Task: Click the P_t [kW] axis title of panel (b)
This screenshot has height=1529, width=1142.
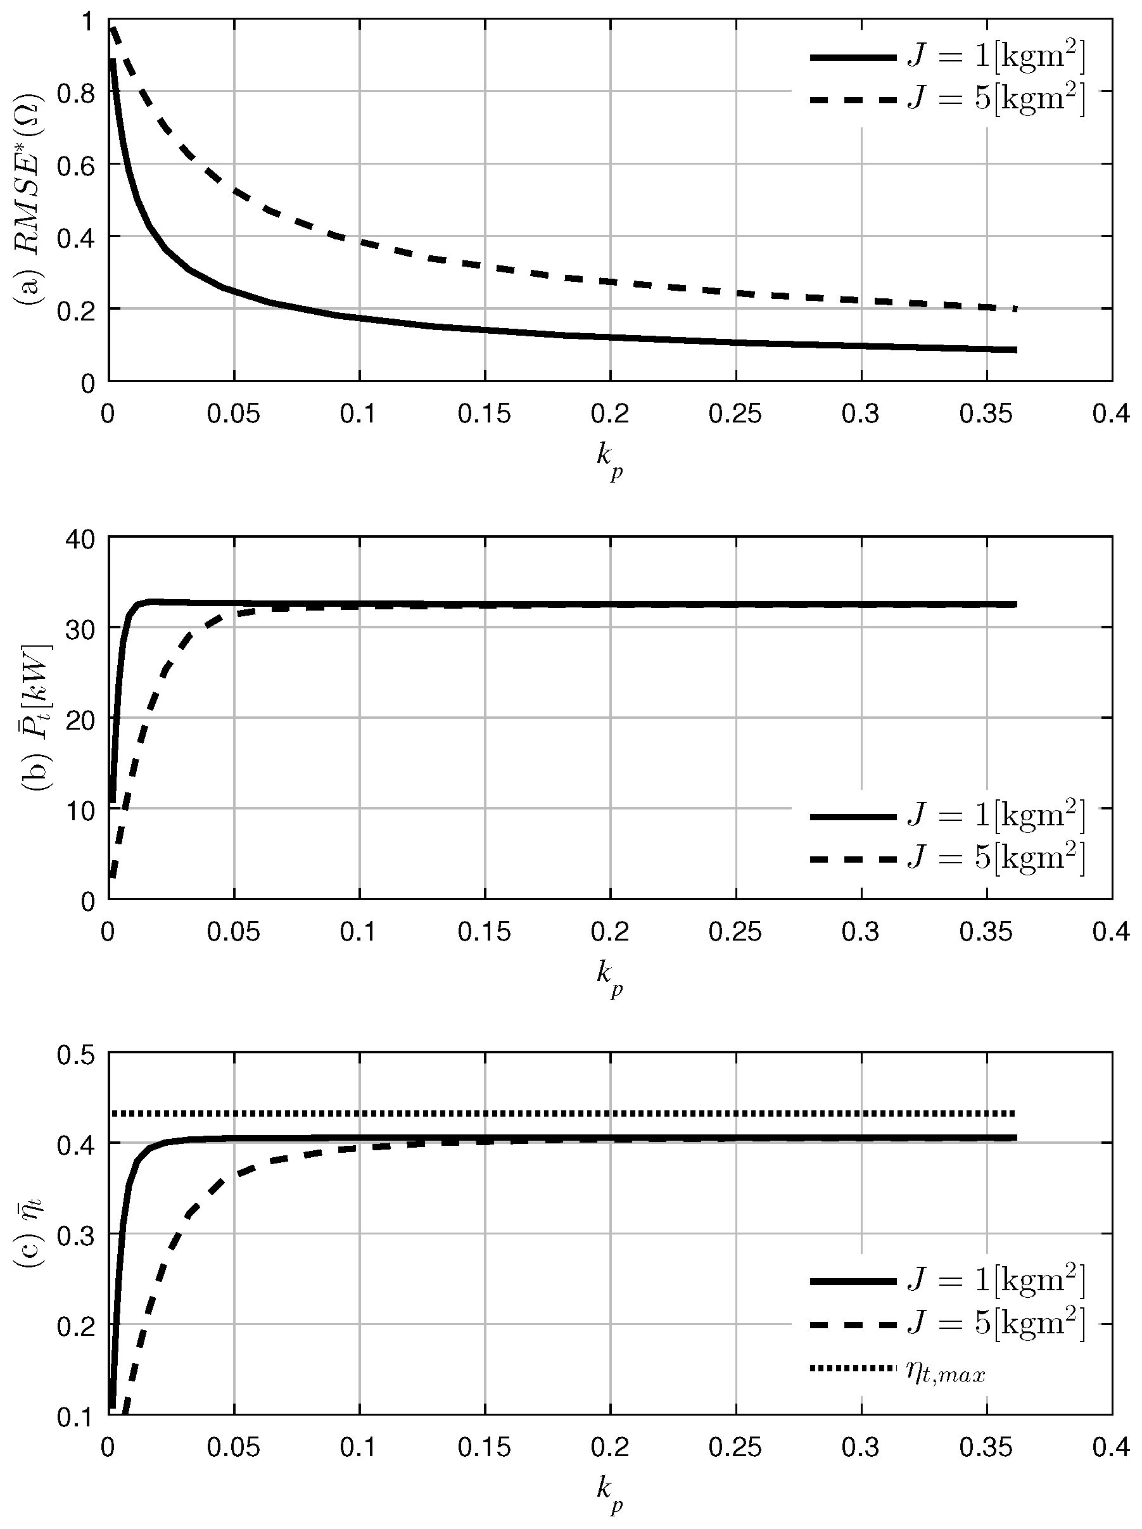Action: click(x=35, y=719)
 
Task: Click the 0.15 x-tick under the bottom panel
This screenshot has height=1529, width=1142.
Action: click(x=485, y=1446)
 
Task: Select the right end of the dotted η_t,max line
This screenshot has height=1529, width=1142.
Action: click(x=1015, y=1113)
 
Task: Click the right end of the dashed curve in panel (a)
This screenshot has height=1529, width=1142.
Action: click(x=1015, y=308)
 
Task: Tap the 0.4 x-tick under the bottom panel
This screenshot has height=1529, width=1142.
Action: click(x=1112, y=1446)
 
